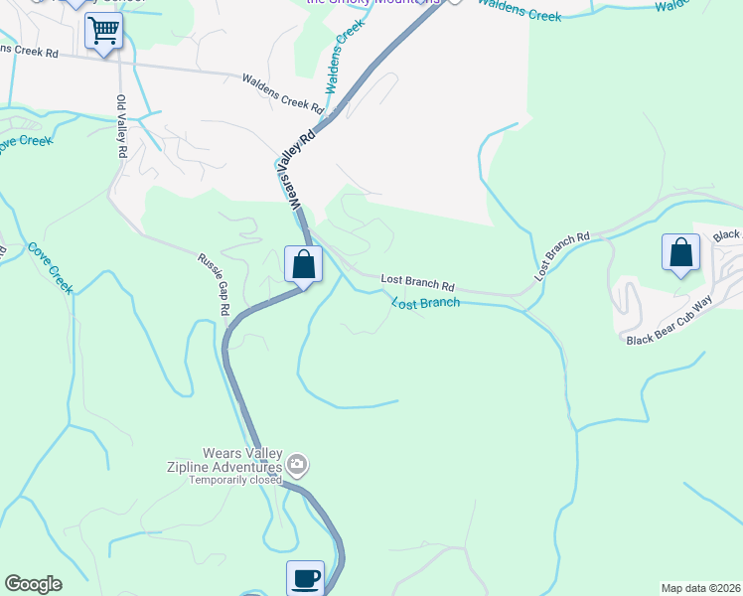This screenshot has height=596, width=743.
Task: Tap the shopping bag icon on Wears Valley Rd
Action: [x=303, y=264]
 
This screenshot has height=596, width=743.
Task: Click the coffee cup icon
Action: [x=305, y=577]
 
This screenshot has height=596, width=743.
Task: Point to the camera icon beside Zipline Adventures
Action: [x=296, y=465]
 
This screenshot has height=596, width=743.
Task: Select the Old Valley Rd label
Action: [x=122, y=128]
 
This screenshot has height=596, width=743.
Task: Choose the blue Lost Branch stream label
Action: [x=425, y=302]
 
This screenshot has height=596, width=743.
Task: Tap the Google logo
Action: [x=33, y=584]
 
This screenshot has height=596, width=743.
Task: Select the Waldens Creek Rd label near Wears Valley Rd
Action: [x=284, y=93]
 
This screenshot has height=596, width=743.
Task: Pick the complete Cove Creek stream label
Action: [x=50, y=267]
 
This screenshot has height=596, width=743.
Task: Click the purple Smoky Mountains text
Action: [x=372, y=2]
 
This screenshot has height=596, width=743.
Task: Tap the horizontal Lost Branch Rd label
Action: [x=417, y=283]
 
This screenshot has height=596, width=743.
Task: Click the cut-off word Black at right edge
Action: [x=727, y=235]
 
